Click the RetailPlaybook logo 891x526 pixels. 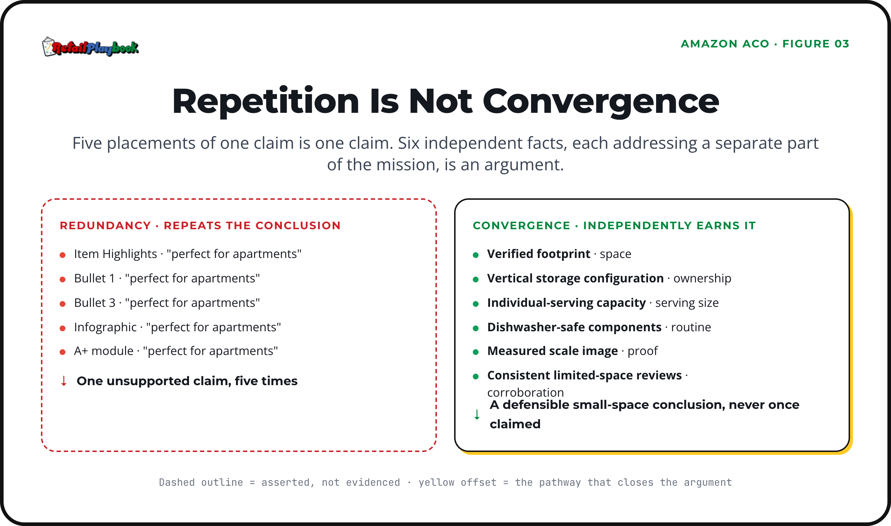[91, 47]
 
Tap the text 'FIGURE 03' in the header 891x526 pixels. [816, 44]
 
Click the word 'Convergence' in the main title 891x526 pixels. [601, 102]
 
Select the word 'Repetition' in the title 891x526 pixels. [266, 102]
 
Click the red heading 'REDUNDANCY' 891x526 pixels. [105, 225]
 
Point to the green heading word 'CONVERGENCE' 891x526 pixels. [521, 225]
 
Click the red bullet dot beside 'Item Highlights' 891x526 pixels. [63, 255]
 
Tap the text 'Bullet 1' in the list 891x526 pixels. [94, 278]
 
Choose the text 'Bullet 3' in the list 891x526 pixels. [95, 303]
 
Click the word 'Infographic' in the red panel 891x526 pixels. [105, 327]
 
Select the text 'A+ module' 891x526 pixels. [103, 351]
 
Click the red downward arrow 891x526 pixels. [64, 381]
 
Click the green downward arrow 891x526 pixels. [477, 414]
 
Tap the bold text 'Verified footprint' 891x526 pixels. [539, 254]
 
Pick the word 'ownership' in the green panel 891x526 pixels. [702, 278]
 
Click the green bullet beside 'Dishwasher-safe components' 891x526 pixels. [476, 328]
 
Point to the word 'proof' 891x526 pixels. [642, 351]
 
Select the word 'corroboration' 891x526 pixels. [525, 392]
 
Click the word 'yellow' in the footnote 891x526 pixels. [437, 482]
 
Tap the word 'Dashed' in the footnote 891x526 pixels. [177, 482]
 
